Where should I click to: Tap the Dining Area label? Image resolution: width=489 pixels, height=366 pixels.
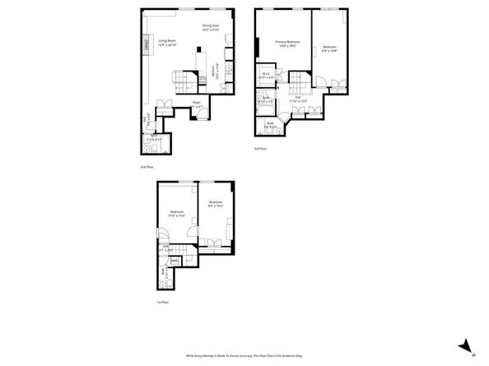(x=211, y=28)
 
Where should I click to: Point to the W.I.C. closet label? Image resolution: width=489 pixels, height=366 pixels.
(x=266, y=76)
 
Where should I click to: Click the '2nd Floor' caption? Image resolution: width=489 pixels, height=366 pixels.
(x=147, y=167)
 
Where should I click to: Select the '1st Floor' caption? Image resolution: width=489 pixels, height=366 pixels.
(x=163, y=302)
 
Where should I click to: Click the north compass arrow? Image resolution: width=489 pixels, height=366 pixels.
(x=466, y=346)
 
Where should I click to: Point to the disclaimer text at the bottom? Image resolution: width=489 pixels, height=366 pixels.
(x=244, y=355)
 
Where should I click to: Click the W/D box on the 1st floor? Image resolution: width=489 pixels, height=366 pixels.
(x=175, y=261)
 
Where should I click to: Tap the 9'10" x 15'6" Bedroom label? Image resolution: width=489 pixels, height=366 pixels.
(x=177, y=213)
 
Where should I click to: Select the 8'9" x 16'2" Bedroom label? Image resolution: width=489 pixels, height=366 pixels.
(x=216, y=205)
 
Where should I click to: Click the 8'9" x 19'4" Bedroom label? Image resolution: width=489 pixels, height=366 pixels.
(x=329, y=49)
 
